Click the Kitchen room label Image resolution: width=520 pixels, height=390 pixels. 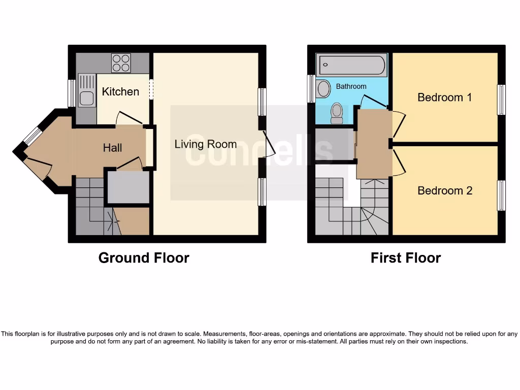(x=120, y=91)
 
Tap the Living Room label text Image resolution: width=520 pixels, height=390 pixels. (x=205, y=144)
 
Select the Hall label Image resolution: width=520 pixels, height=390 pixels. (x=112, y=148)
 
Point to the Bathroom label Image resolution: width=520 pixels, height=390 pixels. (x=351, y=86)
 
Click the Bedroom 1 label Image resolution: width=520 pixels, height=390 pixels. (x=444, y=97)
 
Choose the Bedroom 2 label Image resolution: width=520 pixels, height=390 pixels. (x=444, y=190)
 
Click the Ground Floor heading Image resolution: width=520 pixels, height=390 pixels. (x=144, y=258)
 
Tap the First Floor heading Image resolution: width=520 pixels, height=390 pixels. (x=405, y=258)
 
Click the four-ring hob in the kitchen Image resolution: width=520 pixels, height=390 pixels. (x=121, y=63)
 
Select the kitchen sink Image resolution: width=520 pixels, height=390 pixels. (x=86, y=90)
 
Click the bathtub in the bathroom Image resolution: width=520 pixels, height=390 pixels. (x=351, y=65)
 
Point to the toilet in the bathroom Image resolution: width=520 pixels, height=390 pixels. (x=336, y=113)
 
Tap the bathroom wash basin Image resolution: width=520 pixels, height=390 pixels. (x=323, y=89)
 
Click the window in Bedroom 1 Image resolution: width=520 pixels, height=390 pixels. (x=501, y=100)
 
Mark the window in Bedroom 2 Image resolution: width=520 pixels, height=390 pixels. (x=501, y=195)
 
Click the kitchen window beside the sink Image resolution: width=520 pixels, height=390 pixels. (x=72, y=93)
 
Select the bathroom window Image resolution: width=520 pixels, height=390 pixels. (x=311, y=88)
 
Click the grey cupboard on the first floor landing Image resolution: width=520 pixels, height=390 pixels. (x=334, y=145)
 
